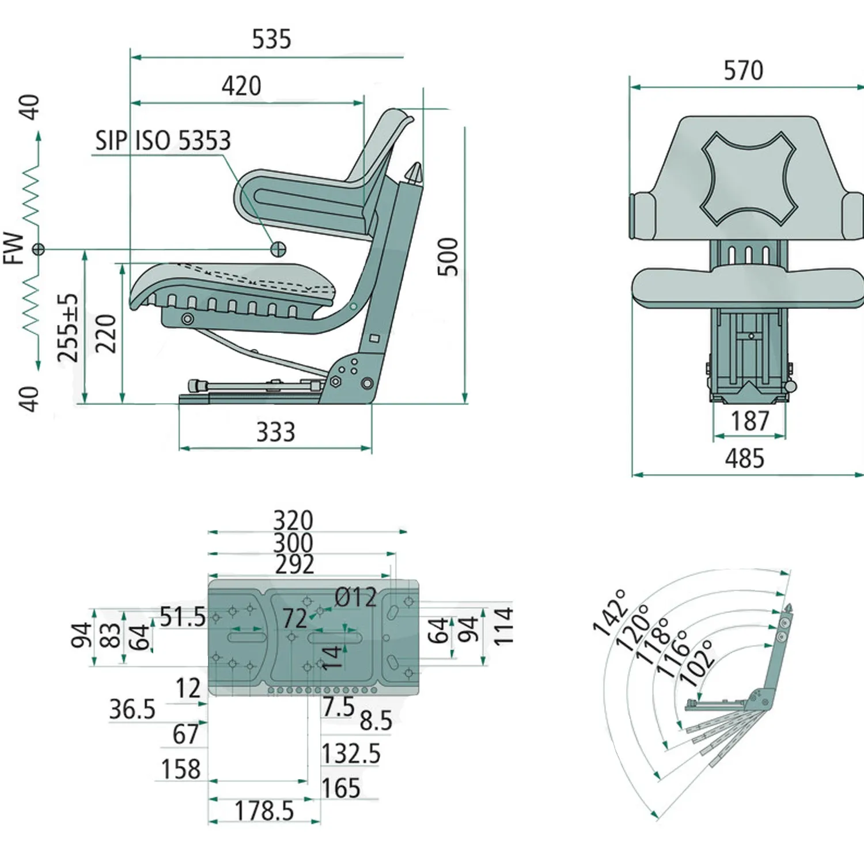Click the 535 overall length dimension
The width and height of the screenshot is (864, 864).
(x=271, y=40)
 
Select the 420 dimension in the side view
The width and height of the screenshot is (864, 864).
(x=241, y=86)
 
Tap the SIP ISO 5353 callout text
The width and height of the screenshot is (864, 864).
(x=163, y=141)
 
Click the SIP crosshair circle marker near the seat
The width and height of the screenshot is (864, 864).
(x=278, y=248)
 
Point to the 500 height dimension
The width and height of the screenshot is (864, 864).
(x=448, y=257)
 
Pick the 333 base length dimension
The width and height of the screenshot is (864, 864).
(x=275, y=432)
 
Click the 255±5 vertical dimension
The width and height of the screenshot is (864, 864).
(x=68, y=328)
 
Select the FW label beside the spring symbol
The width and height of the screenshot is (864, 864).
(x=14, y=248)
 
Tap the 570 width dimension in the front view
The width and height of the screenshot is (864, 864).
(x=743, y=71)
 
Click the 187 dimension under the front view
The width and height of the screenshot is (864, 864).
(x=750, y=420)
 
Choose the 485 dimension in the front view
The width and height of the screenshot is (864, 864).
(x=744, y=458)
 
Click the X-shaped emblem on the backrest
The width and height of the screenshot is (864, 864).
(x=748, y=178)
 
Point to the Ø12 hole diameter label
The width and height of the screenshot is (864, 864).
(x=355, y=597)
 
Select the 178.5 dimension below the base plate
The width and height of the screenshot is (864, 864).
(x=264, y=811)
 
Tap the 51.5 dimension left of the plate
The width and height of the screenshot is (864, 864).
(x=183, y=617)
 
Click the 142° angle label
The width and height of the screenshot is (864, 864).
(x=610, y=613)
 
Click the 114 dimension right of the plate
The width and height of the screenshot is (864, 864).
(x=503, y=626)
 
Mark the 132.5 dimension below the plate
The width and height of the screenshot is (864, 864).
(x=351, y=753)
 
